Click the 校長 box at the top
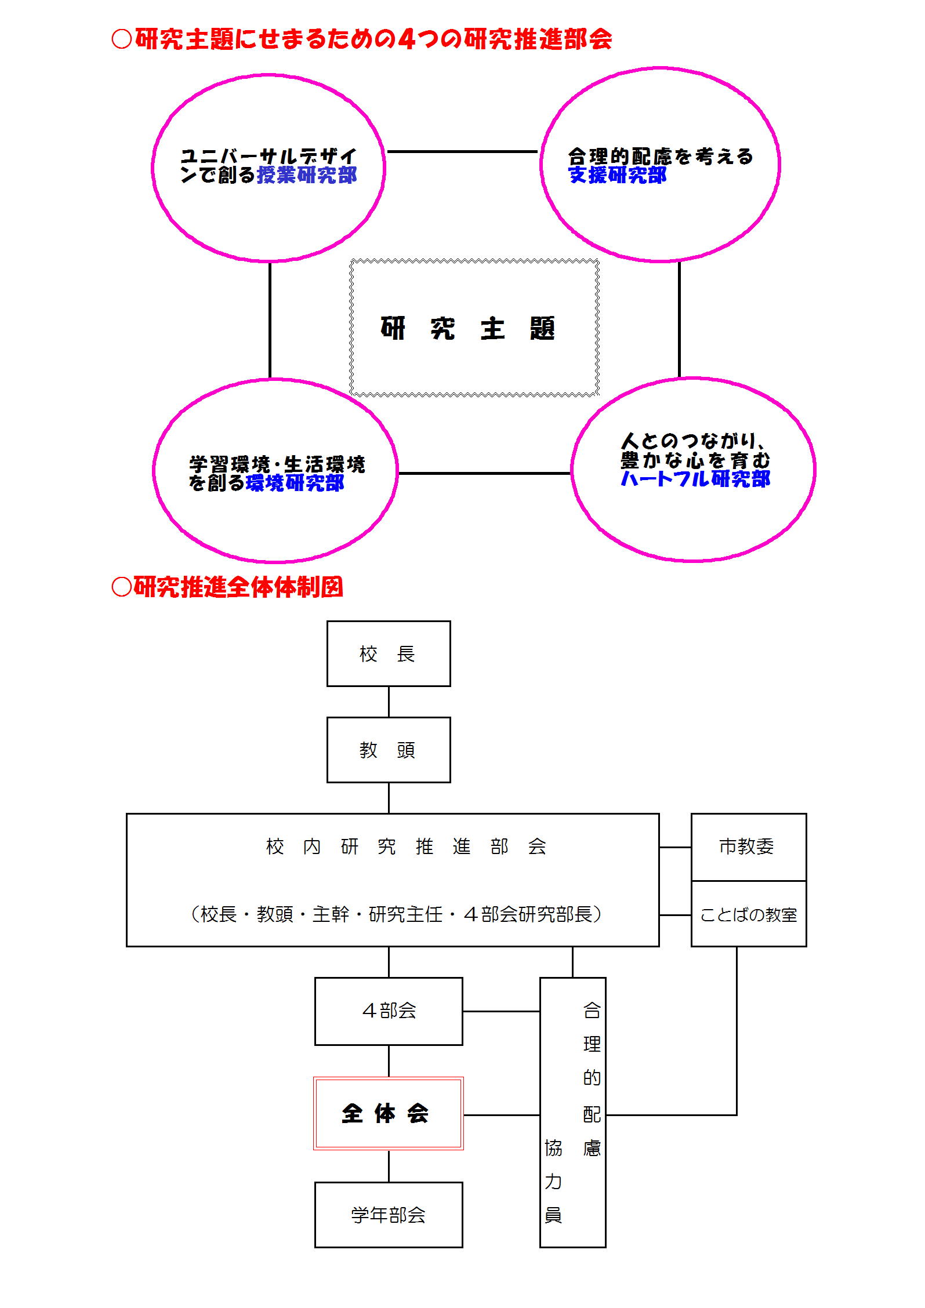[x=389, y=653]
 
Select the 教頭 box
[x=389, y=750]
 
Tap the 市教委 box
[x=749, y=847]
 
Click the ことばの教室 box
[x=749, y=914]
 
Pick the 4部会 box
[x=389, y=1011]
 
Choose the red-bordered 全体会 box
[x=389, y=1113]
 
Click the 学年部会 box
[x=389, y=1215]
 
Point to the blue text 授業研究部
[x=307, y=175]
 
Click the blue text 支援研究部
[x=618, y=175]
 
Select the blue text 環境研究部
[x=295, y=482]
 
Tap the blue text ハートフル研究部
[x=695, y=479]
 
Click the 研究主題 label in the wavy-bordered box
[x=468, y=328]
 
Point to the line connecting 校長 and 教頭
[x=389, y=702]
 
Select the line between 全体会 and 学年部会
[x=389, y=1166]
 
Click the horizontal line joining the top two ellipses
[x=462, y=152]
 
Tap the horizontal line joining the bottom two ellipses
[x=485, y=473]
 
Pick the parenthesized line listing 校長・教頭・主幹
[x=396, y=914]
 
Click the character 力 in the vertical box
[x=553, y=1181]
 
